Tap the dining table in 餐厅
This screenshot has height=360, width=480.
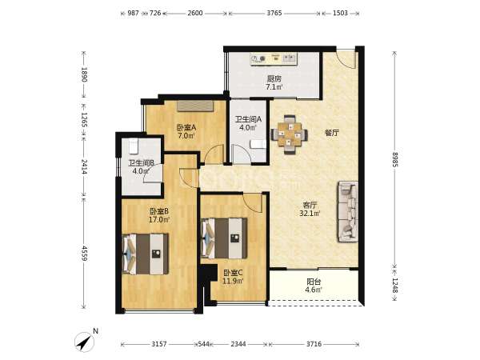click(x=290, y=134)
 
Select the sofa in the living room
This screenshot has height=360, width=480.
click(x=348, y=212)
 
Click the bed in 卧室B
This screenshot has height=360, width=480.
click(x=146, y=254)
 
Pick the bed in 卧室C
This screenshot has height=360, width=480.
click(x=224, y=238)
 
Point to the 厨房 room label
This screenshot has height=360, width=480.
click(x=274, y=78)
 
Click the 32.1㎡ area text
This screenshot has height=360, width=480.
click(x=310, y=213)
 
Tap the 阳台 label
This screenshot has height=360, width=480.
click(x=314, y=282)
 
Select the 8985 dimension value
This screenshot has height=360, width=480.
click(x=394, y=159)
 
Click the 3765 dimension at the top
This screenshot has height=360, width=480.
click(x=274, y=13)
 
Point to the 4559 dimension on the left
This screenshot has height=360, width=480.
click(x=84, y=253)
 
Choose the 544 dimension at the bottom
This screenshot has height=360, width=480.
click(x=203, y=344)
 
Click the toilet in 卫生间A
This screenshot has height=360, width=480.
click(x=258, y=144)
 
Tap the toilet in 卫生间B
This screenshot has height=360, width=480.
click(x=134, y=146)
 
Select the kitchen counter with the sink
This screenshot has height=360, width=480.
click(x=274, y=58)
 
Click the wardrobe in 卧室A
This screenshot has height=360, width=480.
click(x=195, y=106)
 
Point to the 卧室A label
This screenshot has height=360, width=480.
click(x=186, y=127)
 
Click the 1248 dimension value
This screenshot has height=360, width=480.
click(x=394, y=286)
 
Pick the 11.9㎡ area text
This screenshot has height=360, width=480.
click(x=233, y=281)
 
